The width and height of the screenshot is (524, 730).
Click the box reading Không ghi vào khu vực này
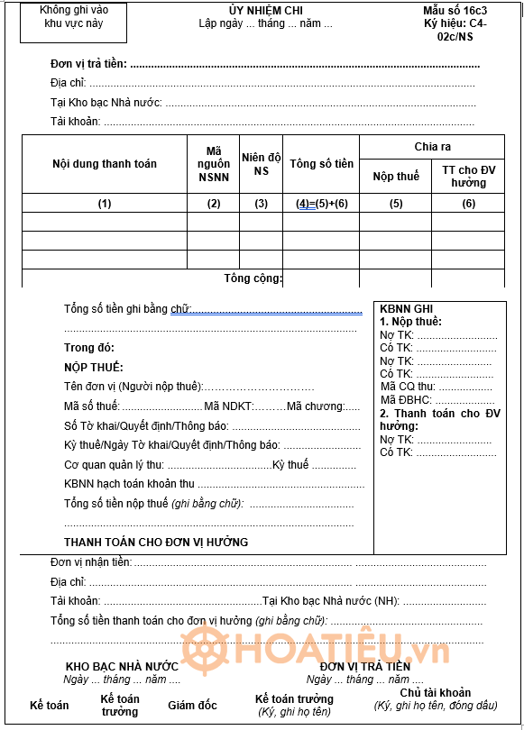(74, 17)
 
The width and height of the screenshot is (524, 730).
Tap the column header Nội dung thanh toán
(105, 164)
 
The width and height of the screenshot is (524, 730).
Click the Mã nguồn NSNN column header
(214, 164)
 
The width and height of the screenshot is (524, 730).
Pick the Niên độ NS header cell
(262, 164)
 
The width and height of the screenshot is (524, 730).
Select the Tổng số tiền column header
(321, 164)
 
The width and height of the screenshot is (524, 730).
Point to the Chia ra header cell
(433, 147)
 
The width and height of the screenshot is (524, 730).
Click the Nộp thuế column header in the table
(396, 176)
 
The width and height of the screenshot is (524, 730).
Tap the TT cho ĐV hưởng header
(468, 176)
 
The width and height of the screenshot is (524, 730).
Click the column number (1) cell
(105, 204)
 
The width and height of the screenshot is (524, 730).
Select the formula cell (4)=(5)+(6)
(322, 204)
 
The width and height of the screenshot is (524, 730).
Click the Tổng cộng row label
(253, 278)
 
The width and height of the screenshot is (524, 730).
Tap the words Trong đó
(89, 348)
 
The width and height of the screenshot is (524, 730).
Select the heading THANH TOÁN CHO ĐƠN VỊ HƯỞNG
(156, 542)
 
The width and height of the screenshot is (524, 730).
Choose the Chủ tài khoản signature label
(436, 693)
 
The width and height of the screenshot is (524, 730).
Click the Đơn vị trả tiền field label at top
(88, 64)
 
